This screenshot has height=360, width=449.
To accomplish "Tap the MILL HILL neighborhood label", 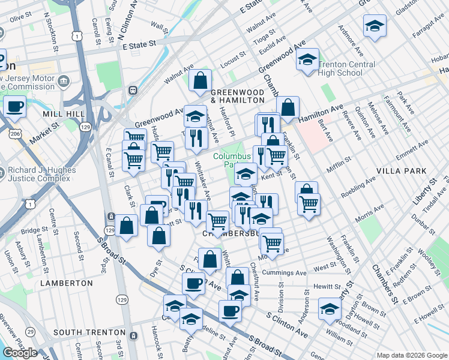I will tap(62, 113).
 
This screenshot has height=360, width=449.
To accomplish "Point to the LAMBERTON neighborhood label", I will tap(66, 283).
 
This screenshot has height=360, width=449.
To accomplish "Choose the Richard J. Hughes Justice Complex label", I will tap(41, 174).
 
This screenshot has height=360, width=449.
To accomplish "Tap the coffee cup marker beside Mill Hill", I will tap(15, 107).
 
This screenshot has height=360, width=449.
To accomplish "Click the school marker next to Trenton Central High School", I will tap(307, 61).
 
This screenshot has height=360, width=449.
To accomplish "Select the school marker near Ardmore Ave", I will tap(375, 26).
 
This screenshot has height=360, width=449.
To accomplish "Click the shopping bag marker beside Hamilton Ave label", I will tap(288, 108).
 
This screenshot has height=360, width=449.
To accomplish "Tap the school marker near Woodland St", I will tap(330, 308).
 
